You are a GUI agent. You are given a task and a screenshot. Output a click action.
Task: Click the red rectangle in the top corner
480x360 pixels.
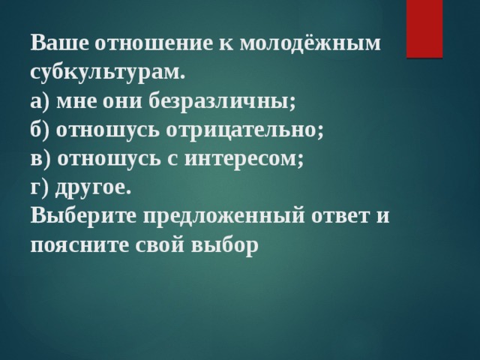click(424, 28)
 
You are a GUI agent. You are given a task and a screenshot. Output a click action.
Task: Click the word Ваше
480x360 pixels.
click(60, 43)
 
